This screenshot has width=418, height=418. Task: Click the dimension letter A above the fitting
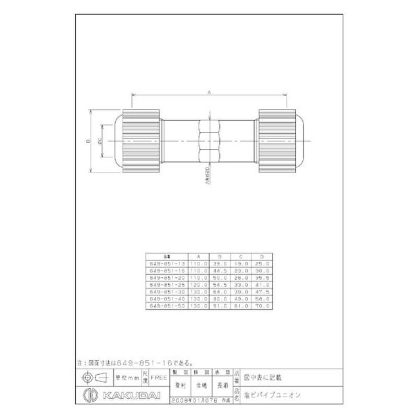[209, 92]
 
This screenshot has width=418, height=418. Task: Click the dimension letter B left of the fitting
[88, 141]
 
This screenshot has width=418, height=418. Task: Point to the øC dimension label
[99, 141]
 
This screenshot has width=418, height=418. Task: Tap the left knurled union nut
[141, 141]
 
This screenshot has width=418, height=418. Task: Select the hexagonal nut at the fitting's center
[209, 141]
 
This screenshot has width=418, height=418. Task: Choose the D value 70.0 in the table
[262, 305]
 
